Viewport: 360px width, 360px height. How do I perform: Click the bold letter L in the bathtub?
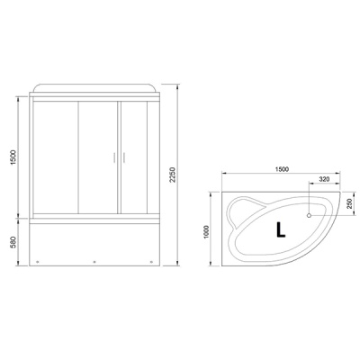point(282,229)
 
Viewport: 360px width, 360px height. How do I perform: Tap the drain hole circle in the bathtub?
point(310,215)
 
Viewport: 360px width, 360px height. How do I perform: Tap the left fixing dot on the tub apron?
point(39,264)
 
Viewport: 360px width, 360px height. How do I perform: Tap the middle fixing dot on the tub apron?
point(94,264)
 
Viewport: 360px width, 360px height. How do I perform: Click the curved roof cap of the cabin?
point(94,86)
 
